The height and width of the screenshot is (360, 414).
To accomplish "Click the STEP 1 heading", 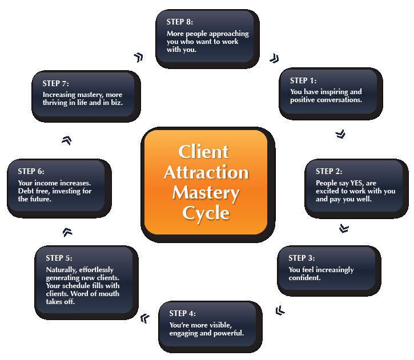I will pos(303,80).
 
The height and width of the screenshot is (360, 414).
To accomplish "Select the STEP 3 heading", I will pos(302,258).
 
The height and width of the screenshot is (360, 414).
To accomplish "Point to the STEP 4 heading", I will pos(182,313).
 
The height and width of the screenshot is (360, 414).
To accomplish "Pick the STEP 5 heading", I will pos(59,258).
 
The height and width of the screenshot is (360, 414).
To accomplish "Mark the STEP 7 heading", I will pos(55,84).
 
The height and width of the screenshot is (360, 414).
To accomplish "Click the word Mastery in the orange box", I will pos(206,192).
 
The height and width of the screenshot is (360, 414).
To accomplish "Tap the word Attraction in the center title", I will pos(206,172).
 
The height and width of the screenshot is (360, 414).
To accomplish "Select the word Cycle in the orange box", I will pos(206,213).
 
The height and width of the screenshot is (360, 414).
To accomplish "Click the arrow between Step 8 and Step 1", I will pos(274,58).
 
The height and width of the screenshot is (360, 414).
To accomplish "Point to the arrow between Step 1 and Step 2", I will pos(340,134).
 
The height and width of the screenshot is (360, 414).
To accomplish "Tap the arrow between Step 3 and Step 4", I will pos(279,310).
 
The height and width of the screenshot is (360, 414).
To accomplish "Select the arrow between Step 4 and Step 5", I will pos(144,317).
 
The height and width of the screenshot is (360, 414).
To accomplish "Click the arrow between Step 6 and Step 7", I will pos(66,140).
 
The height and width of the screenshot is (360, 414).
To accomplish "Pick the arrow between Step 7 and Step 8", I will pos(138,57).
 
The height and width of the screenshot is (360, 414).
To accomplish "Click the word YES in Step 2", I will pos(350,183).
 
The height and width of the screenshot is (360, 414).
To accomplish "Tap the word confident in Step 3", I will pos(304,278).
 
